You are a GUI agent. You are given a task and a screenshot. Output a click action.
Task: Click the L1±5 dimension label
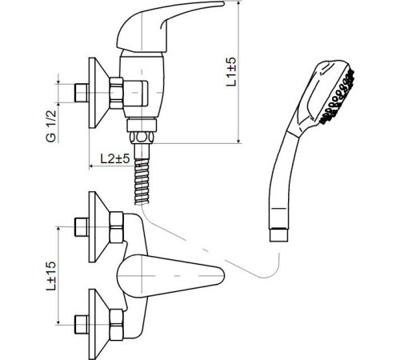coord(231,71)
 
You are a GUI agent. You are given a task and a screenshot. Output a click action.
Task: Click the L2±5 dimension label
coord(115,158)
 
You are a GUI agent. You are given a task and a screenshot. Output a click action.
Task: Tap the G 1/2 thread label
coord(51,126)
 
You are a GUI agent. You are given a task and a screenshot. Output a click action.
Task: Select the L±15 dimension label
coord(50,275)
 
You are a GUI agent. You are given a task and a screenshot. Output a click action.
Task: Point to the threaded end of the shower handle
coord(278,234)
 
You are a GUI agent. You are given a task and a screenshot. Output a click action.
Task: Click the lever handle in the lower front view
coord(170,275)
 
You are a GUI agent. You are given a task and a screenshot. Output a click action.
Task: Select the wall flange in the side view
coord(98,93)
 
